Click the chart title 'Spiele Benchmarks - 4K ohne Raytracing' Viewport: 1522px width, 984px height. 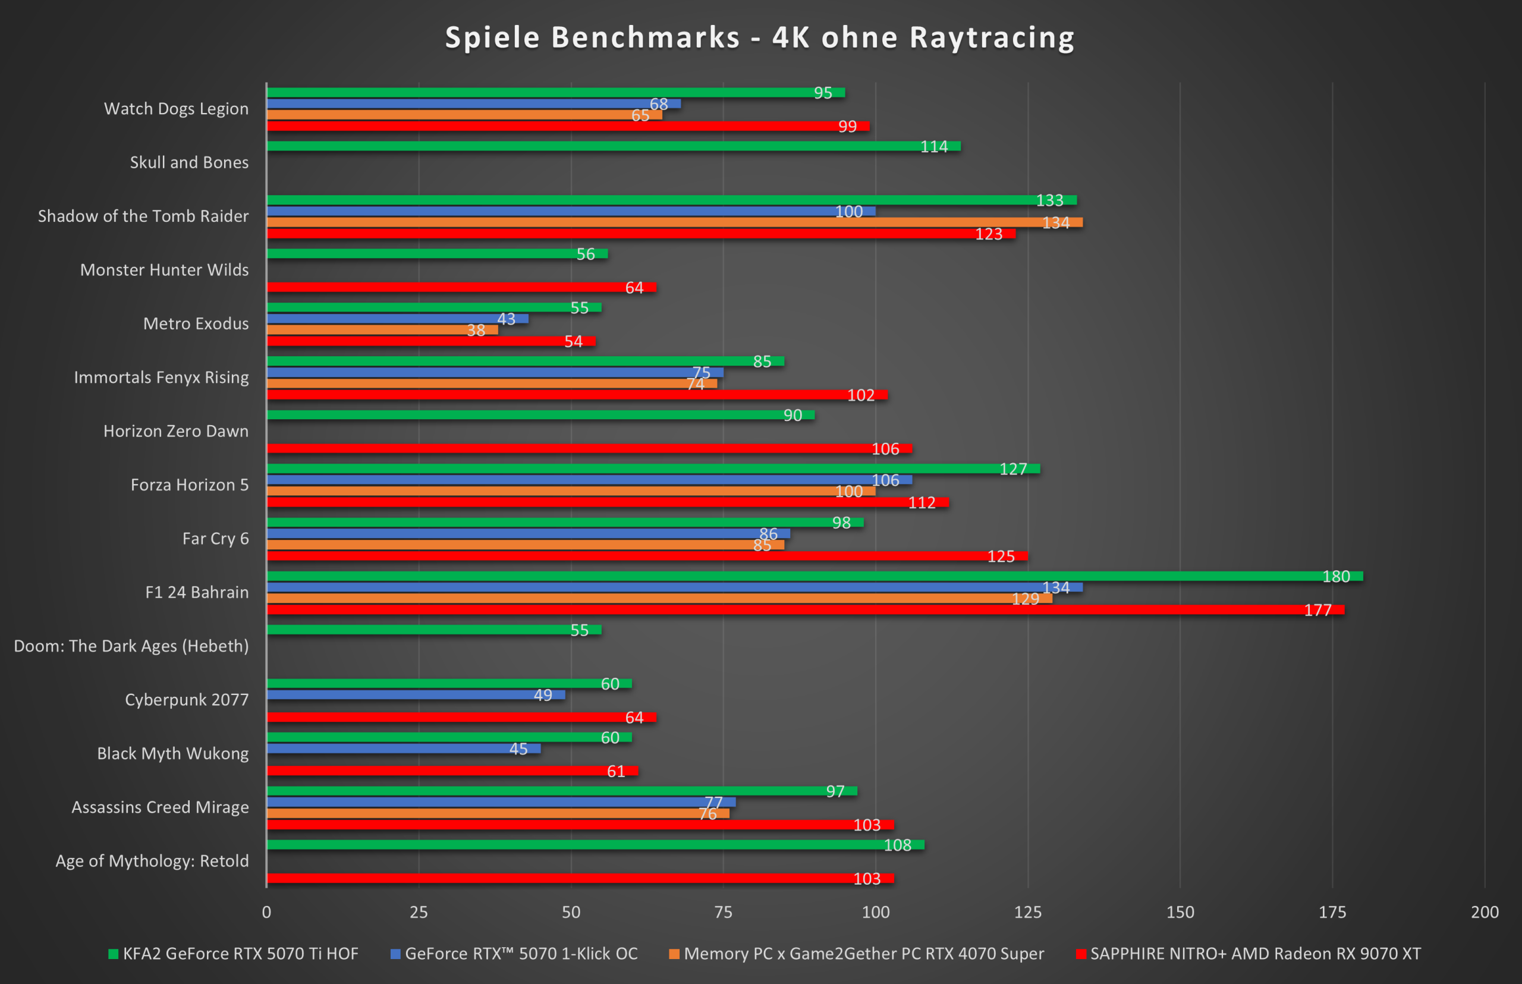pyautogui.click(x=760, y=37)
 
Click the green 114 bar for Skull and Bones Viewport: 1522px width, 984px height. pyautogui.click(x=614, y=146)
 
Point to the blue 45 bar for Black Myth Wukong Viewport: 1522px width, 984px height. pyautogui.click(x=402, y=748)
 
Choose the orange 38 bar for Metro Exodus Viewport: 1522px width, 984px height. pyautogui.click(x=382, y=330)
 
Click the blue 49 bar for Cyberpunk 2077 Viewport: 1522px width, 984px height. pyautogui.click(x=416, y=694)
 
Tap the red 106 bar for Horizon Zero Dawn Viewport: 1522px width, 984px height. pyautogui.click(x=588, y=448)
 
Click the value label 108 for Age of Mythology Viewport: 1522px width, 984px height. pyautogui.click(x=897, y=845)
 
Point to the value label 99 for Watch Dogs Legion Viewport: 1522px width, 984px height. pyautogui.click(x=847, y=126)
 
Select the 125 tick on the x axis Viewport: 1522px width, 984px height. pyautogui.click(x=1027, y=912)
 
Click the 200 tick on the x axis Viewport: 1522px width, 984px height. pyautogui.click(x=1485, y=912)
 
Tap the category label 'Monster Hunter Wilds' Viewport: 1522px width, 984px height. pyautogui.click(x=164, y=270)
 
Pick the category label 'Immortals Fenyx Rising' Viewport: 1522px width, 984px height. pyautogui.click(x=161, y=377)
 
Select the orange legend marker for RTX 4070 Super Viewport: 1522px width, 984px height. pyautogui.click(x=674, y=954)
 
